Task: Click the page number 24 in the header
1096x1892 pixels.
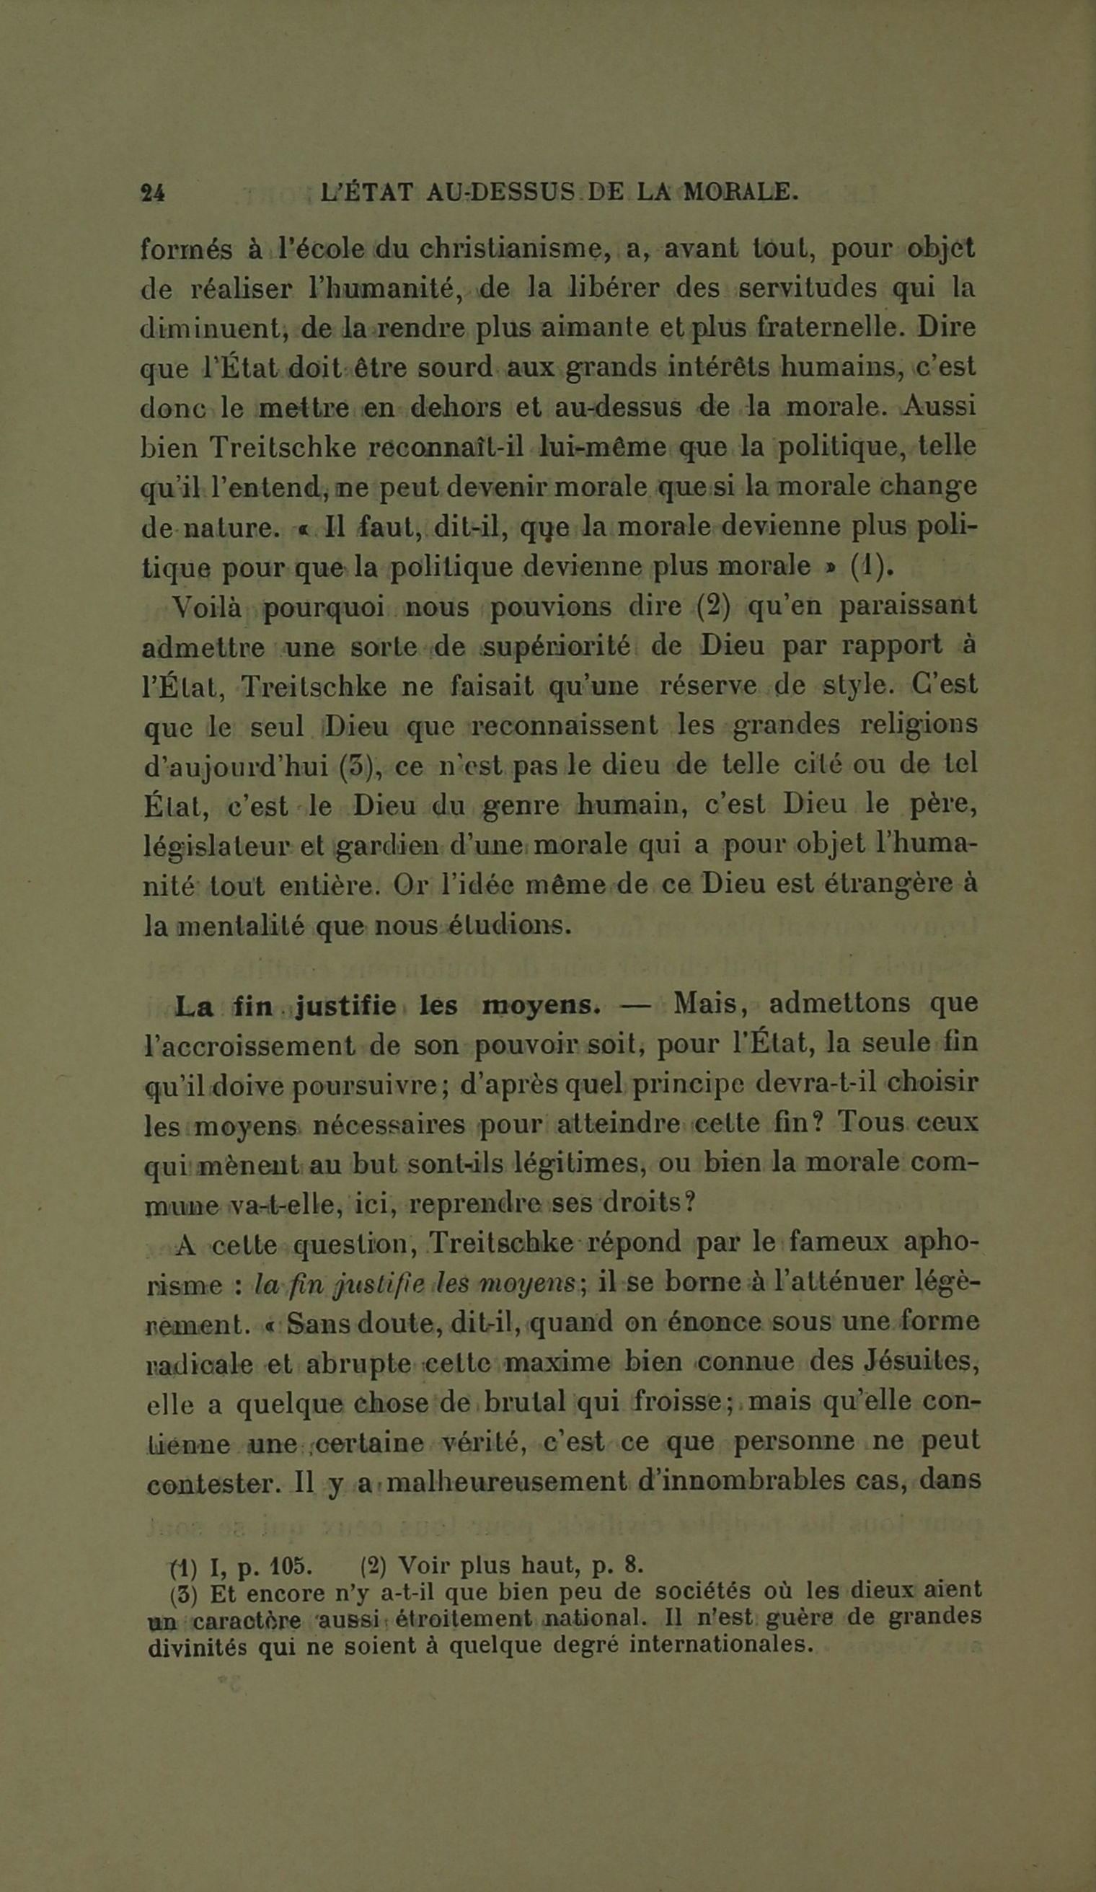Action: tap(153, 193)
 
